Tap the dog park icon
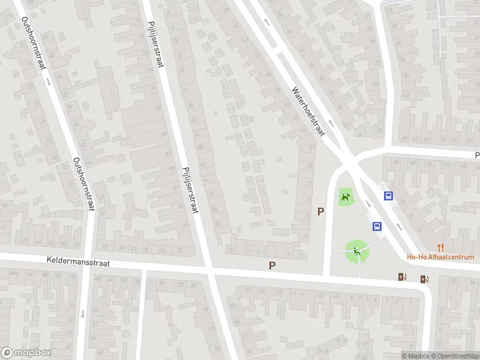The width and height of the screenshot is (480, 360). tap(345, 197)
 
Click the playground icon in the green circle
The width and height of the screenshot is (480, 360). tap(357, 251)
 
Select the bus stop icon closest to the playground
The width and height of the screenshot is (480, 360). tap(377, 226)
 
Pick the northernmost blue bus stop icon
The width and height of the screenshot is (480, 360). tap(388, 196)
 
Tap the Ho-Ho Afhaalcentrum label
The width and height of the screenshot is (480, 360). tap(441, 257)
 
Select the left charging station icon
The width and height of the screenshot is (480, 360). tap(402, 277)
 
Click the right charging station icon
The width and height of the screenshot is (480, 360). tap(425, 278)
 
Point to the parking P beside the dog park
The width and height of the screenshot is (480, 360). tap(321, 211)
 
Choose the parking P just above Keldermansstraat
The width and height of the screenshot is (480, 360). tap(272, 265)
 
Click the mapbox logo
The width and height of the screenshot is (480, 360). tap(26, 353)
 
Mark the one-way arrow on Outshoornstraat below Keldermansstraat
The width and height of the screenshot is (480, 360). tap(83, 313)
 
